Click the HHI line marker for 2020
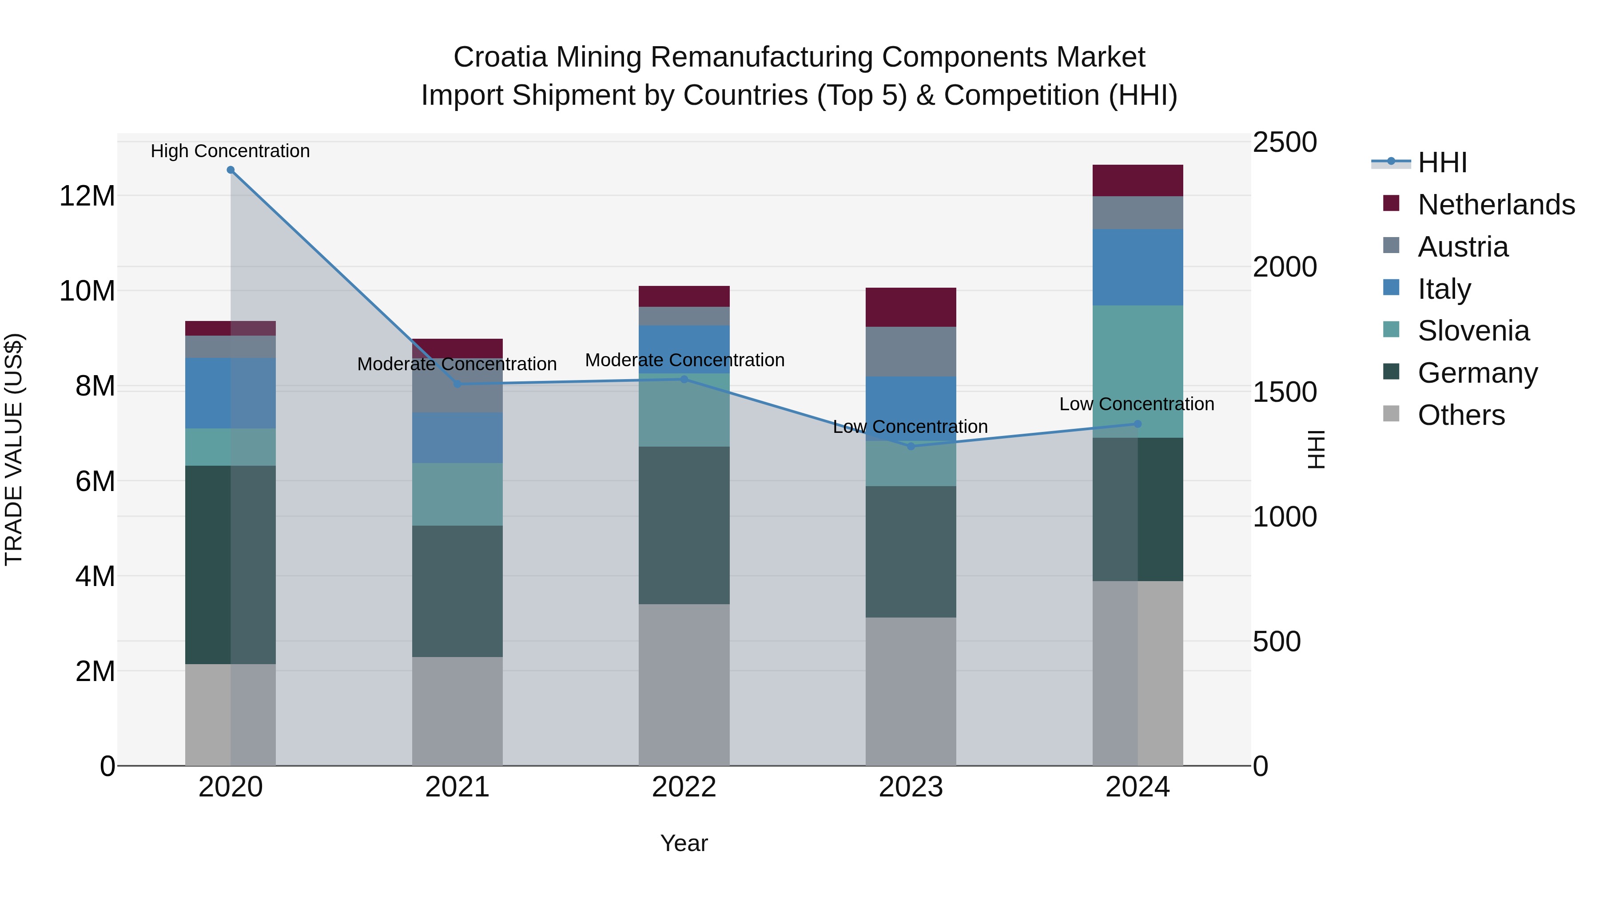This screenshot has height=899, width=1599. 230,170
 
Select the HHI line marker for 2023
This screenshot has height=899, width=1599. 911,446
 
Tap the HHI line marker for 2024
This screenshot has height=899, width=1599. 1137,424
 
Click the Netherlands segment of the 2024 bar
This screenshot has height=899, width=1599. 1137,181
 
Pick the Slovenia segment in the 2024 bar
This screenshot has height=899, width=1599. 1137,371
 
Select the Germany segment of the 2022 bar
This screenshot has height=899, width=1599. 684,525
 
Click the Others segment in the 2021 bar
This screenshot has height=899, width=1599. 457,711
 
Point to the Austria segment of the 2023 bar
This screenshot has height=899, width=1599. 911,352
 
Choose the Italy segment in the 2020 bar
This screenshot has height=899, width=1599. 230,393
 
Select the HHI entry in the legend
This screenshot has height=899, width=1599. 1442,162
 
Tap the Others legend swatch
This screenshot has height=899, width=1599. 1391,414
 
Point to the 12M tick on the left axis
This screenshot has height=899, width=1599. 87,196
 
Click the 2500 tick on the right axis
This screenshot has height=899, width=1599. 1284,142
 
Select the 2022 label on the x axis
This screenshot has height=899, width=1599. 684,787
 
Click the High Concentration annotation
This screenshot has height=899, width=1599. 230,151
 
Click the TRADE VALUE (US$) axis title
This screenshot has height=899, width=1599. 14,449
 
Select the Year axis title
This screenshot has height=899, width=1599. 684,843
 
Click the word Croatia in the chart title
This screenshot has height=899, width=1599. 500,57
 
